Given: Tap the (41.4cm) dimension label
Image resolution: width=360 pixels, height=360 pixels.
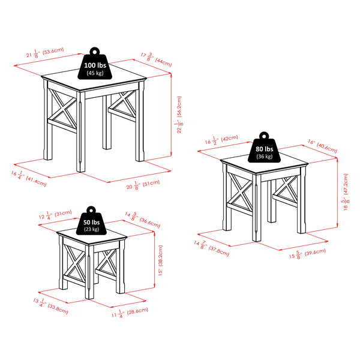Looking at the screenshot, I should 34,182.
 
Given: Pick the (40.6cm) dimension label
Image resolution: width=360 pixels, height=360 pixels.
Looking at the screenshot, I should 328,148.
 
